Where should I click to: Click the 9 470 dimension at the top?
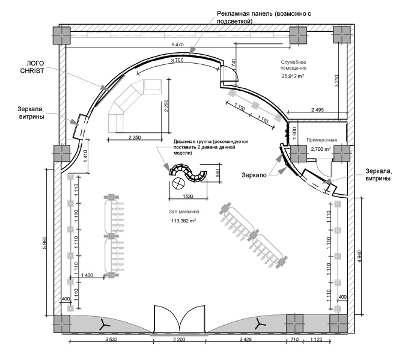coord(177,45)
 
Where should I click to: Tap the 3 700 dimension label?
coord(177,61)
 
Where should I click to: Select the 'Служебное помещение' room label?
coord(294,66)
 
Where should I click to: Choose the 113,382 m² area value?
coord(184,221)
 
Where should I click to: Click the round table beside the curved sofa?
coord(179,184)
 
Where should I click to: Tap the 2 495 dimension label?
coord(317,109)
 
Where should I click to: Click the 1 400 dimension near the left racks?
coord(88,275)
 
